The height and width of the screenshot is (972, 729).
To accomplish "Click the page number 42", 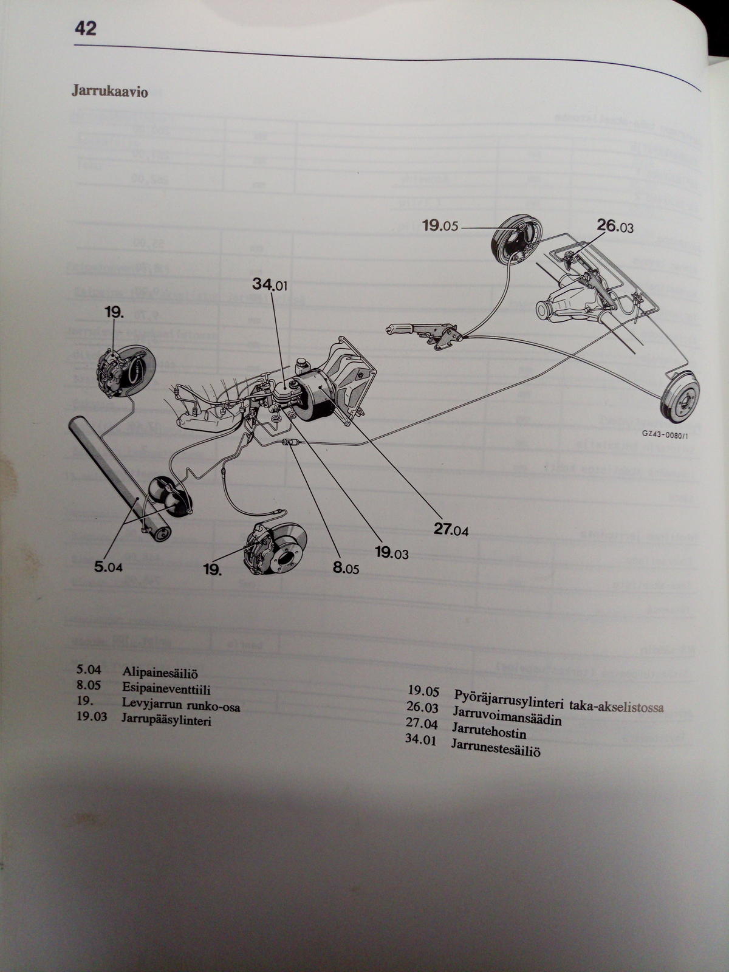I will [x=85, y=28].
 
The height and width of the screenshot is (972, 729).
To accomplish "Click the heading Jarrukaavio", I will [x=109, y=92].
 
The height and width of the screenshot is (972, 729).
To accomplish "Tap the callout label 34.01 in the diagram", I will [x=270, y=284].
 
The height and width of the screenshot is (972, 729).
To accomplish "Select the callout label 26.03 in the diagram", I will [x=615, y=226].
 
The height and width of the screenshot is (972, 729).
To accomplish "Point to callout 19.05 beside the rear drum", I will [x=440, y=226].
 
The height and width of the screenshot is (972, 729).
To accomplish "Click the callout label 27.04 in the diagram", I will [x=451, y=530].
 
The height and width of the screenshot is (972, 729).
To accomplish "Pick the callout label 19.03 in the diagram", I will [x=391, y=552].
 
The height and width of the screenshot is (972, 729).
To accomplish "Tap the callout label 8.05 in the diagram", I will [x=346, y=569].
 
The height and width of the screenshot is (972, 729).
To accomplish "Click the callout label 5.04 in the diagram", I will [x=108, y=567].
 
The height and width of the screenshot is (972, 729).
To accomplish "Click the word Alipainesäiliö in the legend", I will [x=160, y=673].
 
